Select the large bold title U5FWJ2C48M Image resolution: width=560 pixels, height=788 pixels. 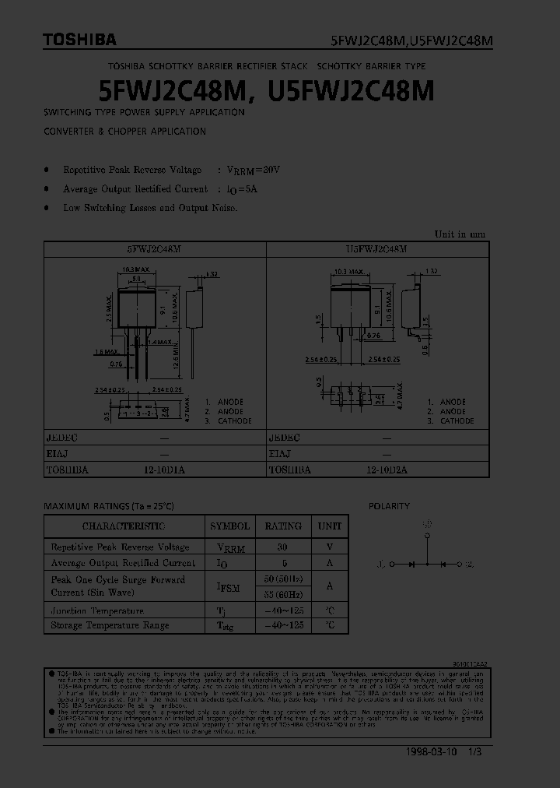coord(351,91)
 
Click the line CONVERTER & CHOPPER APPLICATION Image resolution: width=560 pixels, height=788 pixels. coord(124,132)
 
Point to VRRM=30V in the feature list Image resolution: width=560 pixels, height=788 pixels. coord(253,170)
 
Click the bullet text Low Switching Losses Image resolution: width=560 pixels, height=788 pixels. coord(150,208)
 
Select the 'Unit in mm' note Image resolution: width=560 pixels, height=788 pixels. coord(459,234)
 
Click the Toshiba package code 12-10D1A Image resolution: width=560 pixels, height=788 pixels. coord(163,470)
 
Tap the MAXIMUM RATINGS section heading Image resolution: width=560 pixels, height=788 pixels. coord(109,506)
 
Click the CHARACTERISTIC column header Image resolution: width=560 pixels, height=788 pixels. coord(124,526)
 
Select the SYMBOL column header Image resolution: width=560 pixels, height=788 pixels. coord(229,526)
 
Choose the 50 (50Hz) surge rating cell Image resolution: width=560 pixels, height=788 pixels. coord(282,579)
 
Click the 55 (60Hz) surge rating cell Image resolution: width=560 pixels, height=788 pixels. coord(282,593)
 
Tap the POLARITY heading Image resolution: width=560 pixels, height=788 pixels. coord(389,506)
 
